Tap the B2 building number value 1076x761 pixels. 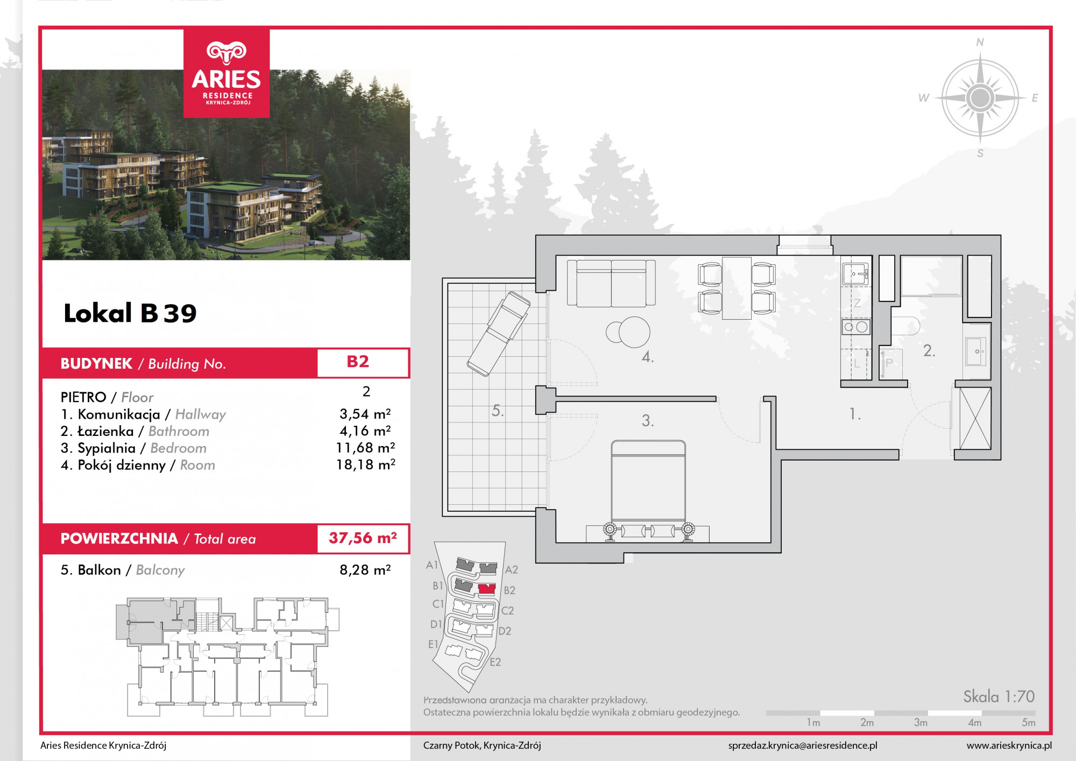358,362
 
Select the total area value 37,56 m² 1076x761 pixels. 363,538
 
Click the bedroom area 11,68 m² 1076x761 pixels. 366,448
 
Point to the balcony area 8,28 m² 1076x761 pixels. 365,569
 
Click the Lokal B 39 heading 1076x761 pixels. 130,313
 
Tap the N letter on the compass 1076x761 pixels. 980,42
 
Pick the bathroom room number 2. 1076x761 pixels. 929,351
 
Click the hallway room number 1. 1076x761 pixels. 855,414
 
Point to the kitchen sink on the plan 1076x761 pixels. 855,274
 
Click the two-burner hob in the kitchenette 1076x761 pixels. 855,327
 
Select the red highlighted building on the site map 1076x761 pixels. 487,589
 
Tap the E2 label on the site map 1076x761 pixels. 495,662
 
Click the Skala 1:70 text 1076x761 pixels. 999,696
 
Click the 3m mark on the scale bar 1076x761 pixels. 921,723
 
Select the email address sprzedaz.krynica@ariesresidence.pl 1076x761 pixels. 803,745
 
